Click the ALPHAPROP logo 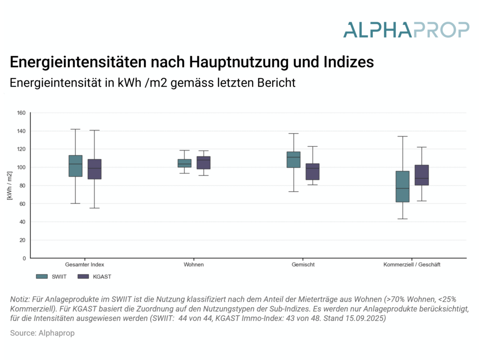coord(406,29)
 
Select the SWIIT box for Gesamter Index coord(75,166)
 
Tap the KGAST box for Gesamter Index coord(94,169)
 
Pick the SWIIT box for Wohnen coord(184,163)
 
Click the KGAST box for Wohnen coord(203,163)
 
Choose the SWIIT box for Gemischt coord(293,159)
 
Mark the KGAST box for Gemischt coord(312,172)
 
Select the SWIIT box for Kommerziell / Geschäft coord(402,186)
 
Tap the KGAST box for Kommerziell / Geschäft coord(421,175)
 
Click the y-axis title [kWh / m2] coord(10,186)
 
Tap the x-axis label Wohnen coord(194,265)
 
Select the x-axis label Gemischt coord(303,265)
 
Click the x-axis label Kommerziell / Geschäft coord(412,265)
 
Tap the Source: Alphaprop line coord(42,333)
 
